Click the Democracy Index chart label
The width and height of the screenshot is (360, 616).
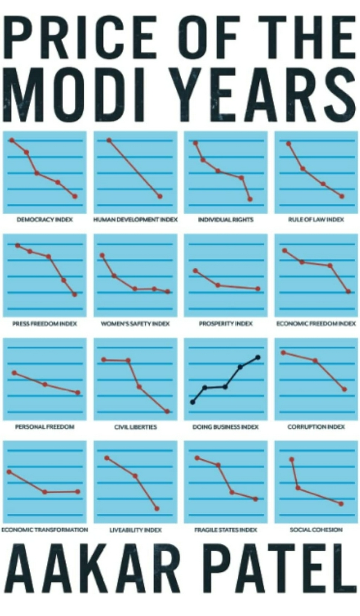(45, 219)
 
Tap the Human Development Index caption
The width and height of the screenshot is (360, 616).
(135, 219)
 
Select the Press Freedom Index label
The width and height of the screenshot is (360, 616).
(45, 323)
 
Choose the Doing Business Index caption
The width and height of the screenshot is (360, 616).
(226, 427)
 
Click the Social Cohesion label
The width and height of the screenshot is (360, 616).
(316, 529)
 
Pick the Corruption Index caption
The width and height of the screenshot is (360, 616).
(316, 427)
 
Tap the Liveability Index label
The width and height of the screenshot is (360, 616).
(135, 530)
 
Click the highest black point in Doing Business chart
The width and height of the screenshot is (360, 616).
(258, 357)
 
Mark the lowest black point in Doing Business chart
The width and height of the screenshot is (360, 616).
(193, 402)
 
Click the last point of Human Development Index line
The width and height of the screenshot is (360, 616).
(160, 196)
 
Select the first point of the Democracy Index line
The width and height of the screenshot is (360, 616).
(12, 140)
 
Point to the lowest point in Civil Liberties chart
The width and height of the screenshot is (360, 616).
(167, 411)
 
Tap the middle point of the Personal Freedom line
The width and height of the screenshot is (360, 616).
(45, 384)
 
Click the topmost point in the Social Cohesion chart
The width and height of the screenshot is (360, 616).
(291, 459)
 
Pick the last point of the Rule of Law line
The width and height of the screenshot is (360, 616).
(341, 196)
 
